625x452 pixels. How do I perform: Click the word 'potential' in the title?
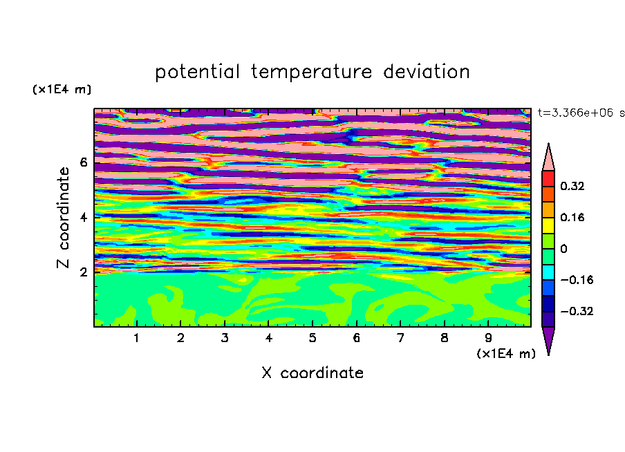197,72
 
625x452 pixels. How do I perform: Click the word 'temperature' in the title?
312,72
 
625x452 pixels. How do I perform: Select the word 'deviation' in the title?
427,71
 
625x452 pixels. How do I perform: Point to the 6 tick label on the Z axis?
83,162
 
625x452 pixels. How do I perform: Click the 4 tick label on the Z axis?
83,217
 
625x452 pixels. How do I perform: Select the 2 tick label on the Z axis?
83,272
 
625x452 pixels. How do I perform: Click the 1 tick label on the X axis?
137,338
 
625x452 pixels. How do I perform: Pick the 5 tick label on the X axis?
312,338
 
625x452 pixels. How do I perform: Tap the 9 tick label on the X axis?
488,338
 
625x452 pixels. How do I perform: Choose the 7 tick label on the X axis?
400,338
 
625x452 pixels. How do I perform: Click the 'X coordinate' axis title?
312,373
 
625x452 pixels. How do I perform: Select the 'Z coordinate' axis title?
63,218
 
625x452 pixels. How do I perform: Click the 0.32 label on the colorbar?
572,186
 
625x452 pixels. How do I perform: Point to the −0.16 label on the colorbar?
577,280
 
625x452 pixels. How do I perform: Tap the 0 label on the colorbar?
563,249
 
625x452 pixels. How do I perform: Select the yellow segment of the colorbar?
548,225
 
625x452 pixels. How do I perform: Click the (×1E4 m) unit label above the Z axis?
62,89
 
